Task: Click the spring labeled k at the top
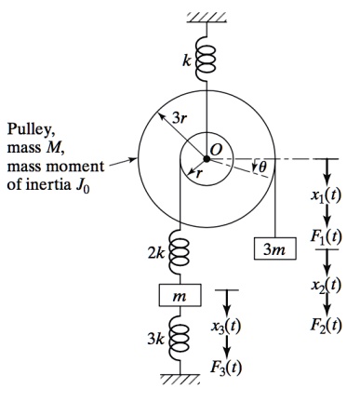(x=201, y=59)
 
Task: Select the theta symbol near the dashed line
(x=261, y=167)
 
